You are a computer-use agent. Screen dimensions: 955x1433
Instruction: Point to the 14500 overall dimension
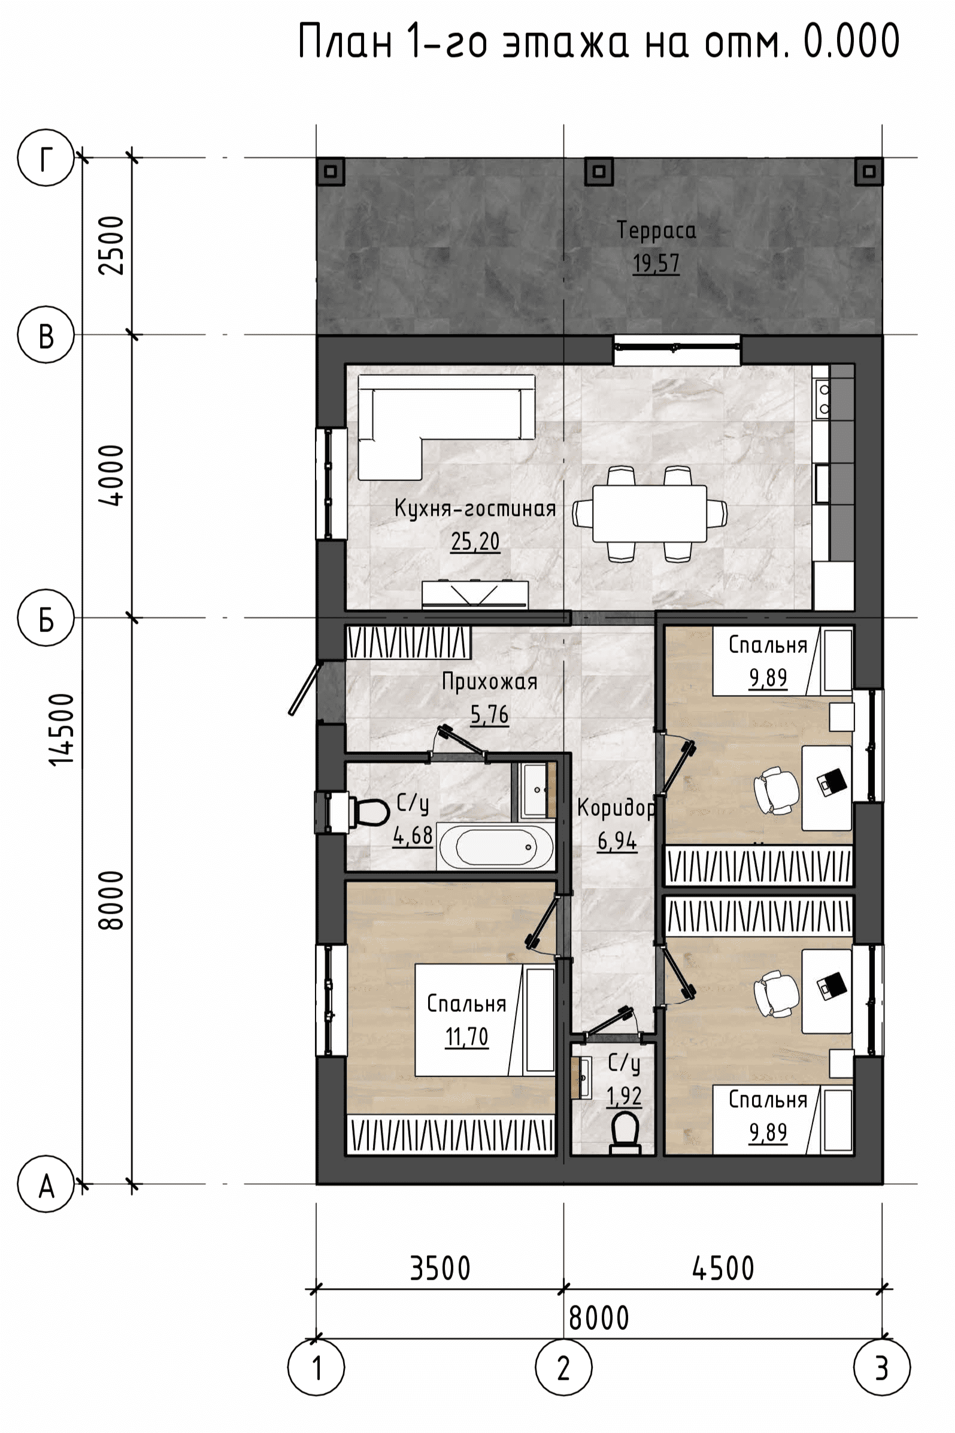63,728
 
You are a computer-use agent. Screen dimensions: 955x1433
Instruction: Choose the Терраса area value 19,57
656,264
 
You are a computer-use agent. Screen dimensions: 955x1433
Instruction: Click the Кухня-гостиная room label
475,508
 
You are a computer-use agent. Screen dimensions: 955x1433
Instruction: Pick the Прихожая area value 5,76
489,714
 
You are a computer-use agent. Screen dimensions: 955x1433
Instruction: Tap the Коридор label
616,809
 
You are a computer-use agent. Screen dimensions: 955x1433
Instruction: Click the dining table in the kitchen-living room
650,513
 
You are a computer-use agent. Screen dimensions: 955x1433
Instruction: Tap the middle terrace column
599,171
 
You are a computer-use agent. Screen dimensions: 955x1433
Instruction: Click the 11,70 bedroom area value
466,1036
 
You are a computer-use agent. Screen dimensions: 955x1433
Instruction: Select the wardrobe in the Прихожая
409,642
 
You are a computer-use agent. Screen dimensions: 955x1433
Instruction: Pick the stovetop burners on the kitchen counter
823,398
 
